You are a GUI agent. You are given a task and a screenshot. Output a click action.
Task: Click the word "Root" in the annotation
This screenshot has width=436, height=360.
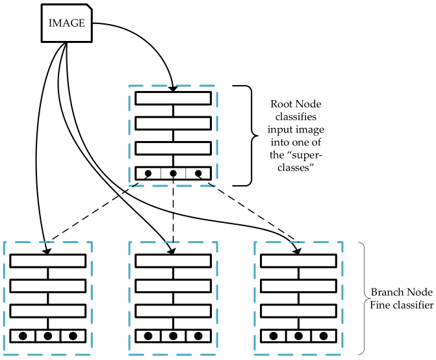tap(283, 103)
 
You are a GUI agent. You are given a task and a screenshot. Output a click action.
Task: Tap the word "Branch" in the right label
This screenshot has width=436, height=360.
tap(385, 292)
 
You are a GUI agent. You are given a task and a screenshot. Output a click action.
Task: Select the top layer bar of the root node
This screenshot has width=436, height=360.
tap(173, 98)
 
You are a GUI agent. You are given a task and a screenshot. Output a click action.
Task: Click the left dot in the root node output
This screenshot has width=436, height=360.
tap(148, 174)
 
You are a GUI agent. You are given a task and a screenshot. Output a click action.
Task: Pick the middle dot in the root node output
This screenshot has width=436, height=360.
tap(173, 174)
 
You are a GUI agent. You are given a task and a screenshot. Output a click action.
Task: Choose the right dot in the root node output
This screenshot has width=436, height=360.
tap(198, 174)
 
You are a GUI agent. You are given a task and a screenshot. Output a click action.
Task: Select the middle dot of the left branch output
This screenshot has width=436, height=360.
tap(48, 318)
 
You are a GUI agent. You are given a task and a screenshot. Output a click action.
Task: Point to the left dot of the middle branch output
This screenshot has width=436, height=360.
tap(148, 318)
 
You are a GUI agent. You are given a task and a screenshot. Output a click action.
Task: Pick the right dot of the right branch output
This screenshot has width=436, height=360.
tap(324, 318)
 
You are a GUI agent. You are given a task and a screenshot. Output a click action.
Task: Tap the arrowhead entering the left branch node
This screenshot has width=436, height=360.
tap(44, 250)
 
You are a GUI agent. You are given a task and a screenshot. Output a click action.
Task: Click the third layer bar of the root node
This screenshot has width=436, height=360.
tap(173, 148)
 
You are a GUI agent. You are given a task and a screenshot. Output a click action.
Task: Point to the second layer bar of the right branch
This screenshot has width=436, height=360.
tap(299, 285)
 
